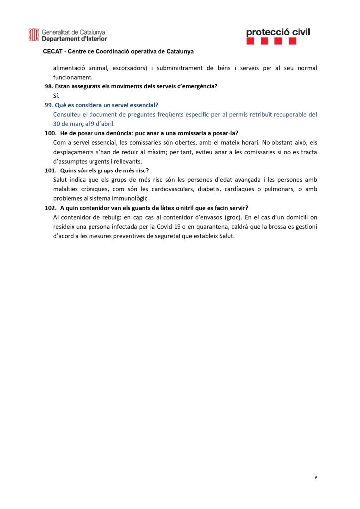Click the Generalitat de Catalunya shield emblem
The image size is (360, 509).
[x=34, y=35]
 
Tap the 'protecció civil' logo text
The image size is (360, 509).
[x=277, y=32]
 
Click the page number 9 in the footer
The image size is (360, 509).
[x=316, y=477]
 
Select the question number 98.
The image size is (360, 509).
[x=49, y=86]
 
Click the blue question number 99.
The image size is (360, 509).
[x=49, y=105]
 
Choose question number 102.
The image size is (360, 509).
[x=50, y=208]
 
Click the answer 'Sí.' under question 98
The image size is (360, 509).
[x=56, y=95]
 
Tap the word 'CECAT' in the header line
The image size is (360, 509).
[x=52, y=51]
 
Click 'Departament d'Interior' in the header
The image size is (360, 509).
[x=74, y=38]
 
